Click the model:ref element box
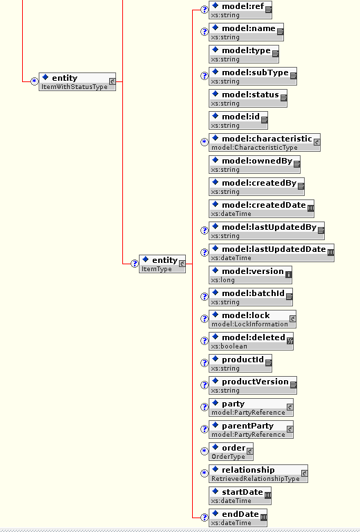tap(240, 10)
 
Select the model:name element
tap(246, 32)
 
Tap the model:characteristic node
tap(265, 143)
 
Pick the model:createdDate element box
tap(261, 208)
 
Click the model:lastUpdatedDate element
tap(272, 253)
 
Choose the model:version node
tap(250, 275)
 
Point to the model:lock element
tap(252, 319)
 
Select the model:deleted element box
tap(251, 341)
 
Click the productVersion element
tap(253, 385)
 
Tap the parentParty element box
tap(251, 429)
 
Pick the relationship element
tap(258, 473)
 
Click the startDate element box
tap(240, 495)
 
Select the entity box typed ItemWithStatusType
tap(77, 82)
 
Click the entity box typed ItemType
tap(162, 264)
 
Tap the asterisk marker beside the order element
tap(204, 451)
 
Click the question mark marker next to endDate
tap(204, 518)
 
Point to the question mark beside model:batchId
tap(204, 297)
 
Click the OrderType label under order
tap(228, 457)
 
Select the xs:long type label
tap(222, 280)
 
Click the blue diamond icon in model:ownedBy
tap(215, 160)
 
